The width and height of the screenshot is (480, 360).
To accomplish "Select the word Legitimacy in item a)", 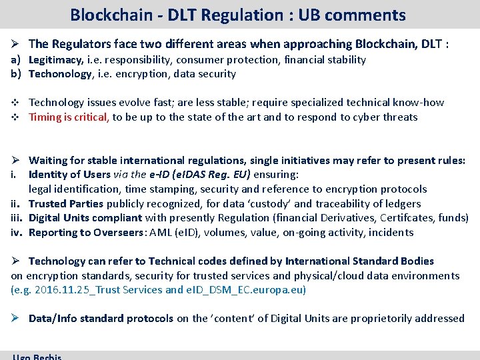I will pyautogui.click(x=55, y=60).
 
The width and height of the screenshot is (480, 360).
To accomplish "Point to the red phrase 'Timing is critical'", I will pyautogui.click(x=69, y=117).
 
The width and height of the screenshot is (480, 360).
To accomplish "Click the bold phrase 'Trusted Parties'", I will pyautogui.click(x=65, y=204).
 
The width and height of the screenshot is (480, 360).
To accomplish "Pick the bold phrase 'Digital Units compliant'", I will pyautogui.click(x=85, y=218).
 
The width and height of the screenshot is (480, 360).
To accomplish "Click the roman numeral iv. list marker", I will pyautogui.click(x=17, y=233).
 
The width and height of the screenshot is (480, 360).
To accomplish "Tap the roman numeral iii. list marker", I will pyautogui.click(x=17, y=218).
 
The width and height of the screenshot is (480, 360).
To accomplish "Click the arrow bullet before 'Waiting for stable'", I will pyautogui.click(x=15, y=161).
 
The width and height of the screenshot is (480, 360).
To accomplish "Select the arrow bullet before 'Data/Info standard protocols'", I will pyautogui.click(x=15, y=319).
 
